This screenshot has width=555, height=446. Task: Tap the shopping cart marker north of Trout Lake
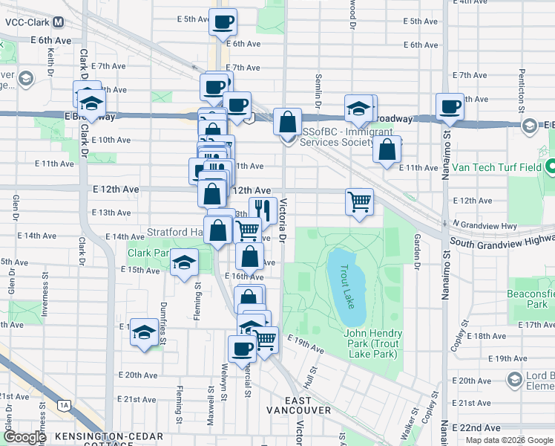pos(359,201)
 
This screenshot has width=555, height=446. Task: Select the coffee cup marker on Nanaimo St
pos(450,106)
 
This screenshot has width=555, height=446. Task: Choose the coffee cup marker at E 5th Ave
pos(223,22)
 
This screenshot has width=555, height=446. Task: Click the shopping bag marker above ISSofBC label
pos(286,121)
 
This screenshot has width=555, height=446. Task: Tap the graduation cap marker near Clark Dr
pos(92,103)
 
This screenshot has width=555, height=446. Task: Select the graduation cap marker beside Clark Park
pos(184,262)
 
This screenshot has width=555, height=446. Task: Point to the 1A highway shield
pos(64,405)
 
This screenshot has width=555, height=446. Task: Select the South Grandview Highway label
pos(502,241)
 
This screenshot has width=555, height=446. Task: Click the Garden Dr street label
pos(417,251)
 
